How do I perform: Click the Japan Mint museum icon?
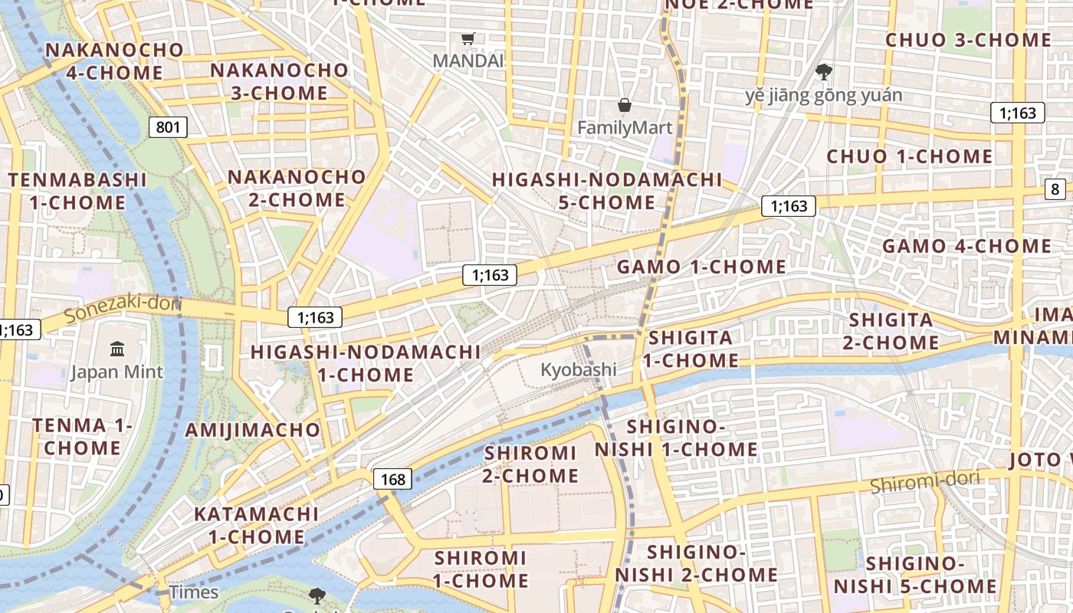click(x=117, y=349)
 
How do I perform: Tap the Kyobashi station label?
click(x=578, y=369)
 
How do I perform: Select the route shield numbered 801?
click(x=168, y=126)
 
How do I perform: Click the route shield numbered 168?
click(x=392, y=480)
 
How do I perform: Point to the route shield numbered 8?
click(x=1055, y=189)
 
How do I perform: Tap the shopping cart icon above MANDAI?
click(x=468, y=38)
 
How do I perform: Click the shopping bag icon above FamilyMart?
click(x=625, y=105)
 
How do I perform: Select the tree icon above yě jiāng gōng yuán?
click(x=824, y=73)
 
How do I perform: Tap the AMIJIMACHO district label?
click(x=252, y=429)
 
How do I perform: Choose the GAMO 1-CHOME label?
click(x=701, y=267)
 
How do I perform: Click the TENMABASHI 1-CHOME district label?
click(x=77, y=192)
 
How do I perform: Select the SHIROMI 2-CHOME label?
click(x=530, y=464)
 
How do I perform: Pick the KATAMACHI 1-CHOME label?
click(x=256, y=525)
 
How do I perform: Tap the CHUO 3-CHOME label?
click(x=968, y=40)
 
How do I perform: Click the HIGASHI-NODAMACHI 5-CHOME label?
click(x=607, y=191)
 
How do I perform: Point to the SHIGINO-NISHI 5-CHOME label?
click(x=915, y=575)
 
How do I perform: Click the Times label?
click(x=194, y=592)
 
